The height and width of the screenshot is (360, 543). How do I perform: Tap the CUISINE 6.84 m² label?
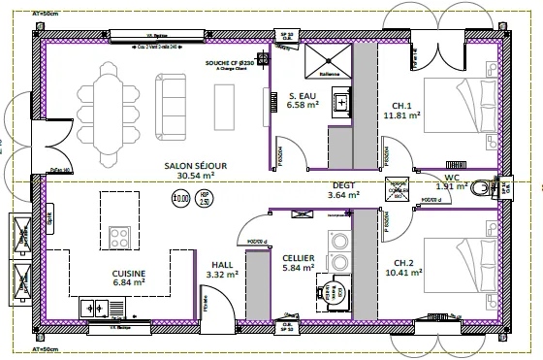coord(128,279)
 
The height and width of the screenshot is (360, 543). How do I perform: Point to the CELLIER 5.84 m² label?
coord(299,262)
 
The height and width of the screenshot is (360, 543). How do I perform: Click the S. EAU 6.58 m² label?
coord(303,100)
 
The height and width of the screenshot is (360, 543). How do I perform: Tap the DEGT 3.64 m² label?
coord(342,189)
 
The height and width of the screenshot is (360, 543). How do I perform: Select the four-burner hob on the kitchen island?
coord(121,237)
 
